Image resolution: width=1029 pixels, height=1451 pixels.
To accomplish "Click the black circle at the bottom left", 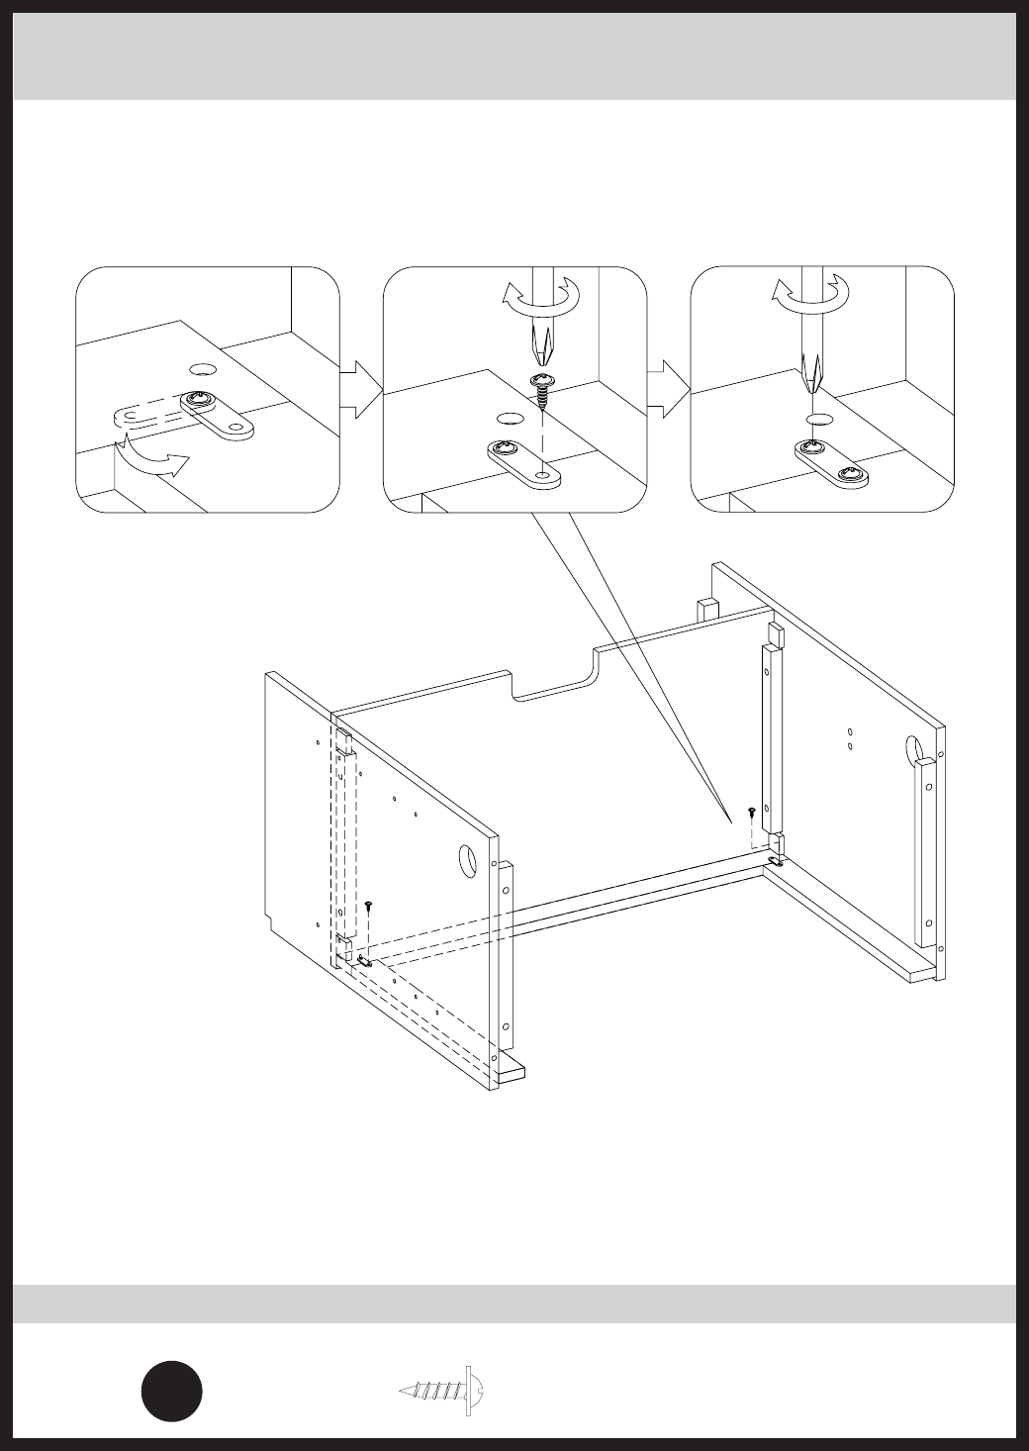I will pyautogui.click(x=171, y=1391).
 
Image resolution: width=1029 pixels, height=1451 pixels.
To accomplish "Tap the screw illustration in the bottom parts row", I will pyautogui.click(x=444, y=1391).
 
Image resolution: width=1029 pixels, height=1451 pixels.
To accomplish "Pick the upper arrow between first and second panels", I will pyautogui.click(x=360, y=375).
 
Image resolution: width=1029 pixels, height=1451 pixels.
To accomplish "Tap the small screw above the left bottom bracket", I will pyautogui.click(x=368, y=905).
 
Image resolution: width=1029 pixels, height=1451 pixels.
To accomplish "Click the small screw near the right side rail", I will pyautogui.click(x=752, y=812).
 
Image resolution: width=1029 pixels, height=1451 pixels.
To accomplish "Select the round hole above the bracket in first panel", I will pyautogui.click(x=203, y=369).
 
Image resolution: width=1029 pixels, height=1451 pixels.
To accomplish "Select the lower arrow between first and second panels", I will pyautogui.click(x=360, y=404).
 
